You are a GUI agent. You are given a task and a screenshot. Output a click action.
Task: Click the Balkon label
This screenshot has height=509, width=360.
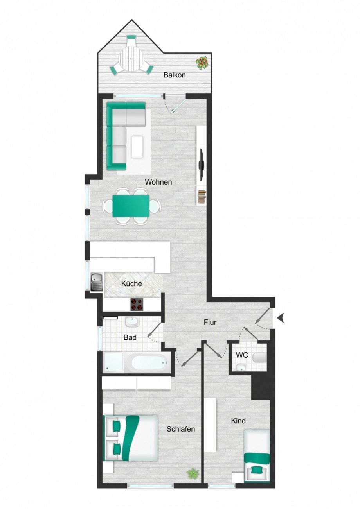(175, 75)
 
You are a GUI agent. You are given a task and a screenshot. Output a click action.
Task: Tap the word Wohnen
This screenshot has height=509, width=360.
(158, 182)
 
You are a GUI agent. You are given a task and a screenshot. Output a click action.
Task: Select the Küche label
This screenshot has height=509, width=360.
(131, 284)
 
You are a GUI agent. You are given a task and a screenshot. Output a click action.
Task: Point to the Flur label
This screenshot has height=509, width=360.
(210, 323)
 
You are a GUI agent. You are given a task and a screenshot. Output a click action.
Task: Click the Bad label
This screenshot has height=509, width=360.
(130, 337)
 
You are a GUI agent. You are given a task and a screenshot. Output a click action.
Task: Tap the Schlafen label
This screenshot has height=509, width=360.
(181, 429)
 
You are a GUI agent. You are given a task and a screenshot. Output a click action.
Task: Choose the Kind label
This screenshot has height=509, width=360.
(238, 421)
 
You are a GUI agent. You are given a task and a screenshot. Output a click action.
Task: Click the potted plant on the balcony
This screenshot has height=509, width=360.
(202, 63)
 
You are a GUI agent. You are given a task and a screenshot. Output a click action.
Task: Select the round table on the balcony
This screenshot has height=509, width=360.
(131, 59)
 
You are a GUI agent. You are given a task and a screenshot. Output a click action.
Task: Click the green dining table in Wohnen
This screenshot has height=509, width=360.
(131, 206)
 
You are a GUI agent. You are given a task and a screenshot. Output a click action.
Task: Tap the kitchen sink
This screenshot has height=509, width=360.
(96, 281)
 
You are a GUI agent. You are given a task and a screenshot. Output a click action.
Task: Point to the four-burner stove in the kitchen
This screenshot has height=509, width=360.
(137, 304)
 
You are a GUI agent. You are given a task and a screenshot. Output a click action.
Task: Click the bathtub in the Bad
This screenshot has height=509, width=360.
(149, 363)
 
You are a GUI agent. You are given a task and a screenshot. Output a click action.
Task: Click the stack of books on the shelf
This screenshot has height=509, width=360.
(202, 197)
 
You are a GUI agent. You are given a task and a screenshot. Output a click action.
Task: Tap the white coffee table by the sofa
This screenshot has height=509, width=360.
(137, 147)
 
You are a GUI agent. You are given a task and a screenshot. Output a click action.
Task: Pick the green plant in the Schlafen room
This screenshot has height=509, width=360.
(193, 473)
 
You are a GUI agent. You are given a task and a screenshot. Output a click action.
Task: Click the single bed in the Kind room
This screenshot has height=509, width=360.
(257, 456)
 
